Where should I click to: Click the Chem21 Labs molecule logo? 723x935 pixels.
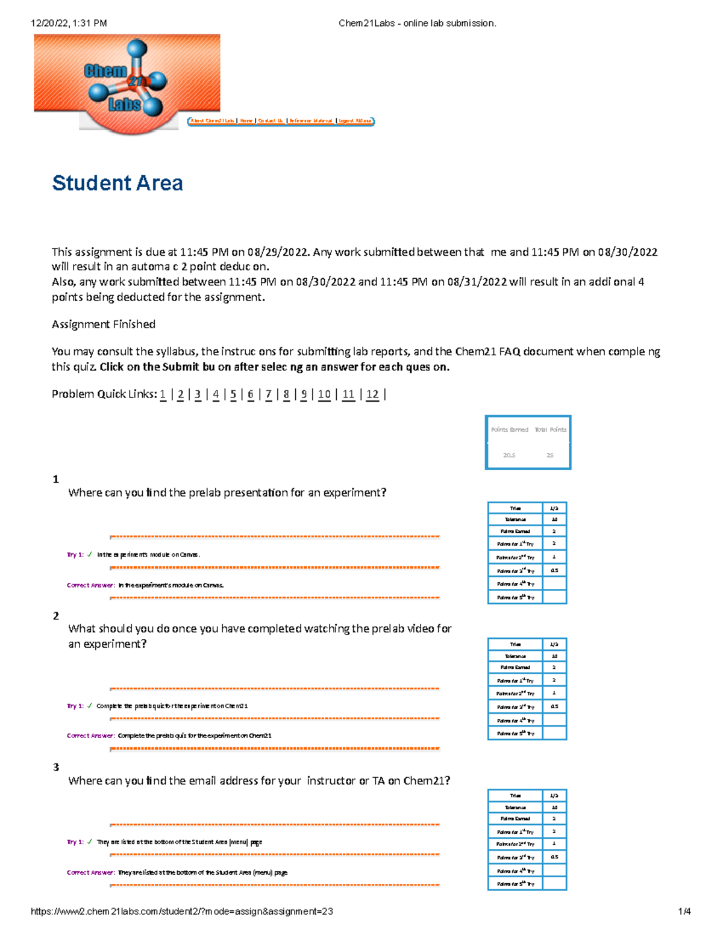tap(127, 81)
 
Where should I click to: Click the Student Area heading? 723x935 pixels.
tap(117, 183)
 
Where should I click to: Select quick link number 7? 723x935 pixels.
tap(269, 394)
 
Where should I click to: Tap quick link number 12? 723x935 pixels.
tap(372, 394)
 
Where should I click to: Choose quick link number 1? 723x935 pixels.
tap(163, 394)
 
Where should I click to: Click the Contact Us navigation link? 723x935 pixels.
tap(271, 121)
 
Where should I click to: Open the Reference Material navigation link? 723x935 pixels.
tap(311, 121)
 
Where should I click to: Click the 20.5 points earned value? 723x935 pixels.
tap(509, 455)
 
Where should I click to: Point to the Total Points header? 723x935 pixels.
tap(551, 430)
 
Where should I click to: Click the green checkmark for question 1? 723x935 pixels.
tap(90, 554)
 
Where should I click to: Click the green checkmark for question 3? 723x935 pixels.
tap(90, 842)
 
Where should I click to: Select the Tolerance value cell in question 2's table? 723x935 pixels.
tap(554, 656)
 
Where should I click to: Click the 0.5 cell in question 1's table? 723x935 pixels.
tap(554, 570)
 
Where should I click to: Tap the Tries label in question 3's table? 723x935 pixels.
tap(515, 795)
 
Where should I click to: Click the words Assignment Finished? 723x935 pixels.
tap(104, 325)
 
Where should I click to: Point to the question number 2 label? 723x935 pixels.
tap(56, 616)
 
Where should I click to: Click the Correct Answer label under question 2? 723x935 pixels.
tap(90, 736)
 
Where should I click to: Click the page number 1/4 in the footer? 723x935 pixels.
tap(684, 912)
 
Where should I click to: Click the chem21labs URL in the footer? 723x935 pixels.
tap(181, 912)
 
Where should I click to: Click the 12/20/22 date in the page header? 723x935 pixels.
tap(49, 23)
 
